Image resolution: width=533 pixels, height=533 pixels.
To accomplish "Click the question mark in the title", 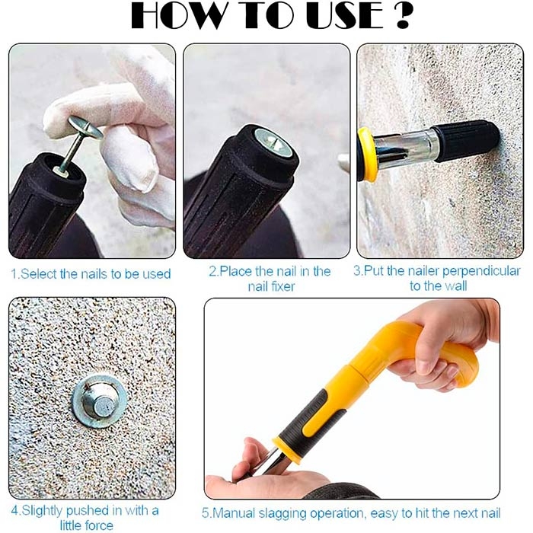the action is pyautogui.click(x=403, y=16).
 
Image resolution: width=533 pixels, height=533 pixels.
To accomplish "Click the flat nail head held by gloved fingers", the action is pyautogui.click(x=85, y=127).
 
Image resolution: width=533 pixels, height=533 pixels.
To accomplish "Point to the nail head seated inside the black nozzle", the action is pyautogui.click(x=274, y=143).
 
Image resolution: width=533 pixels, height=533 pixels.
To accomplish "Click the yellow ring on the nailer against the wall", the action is pyautogui.click(x=367, y=154).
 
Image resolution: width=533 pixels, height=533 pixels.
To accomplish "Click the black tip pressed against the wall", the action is pyautogui.click(x=466, y=140).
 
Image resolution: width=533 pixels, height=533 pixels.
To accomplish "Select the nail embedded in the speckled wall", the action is pyautogui.click(x=99, y=402).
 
